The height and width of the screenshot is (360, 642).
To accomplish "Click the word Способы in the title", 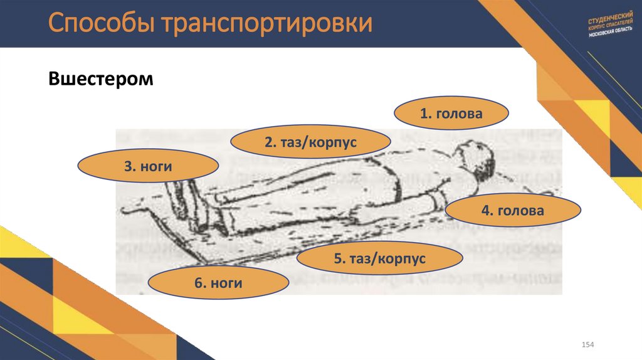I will point(101,23).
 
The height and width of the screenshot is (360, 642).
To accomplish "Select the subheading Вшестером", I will point(101,80).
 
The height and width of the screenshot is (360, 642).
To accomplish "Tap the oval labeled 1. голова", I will point(451,114).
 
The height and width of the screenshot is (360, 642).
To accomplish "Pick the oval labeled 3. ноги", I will point(148,166).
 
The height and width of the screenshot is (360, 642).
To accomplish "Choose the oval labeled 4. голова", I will point(512,211).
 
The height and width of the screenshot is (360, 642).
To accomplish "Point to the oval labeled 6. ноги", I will point(218,283).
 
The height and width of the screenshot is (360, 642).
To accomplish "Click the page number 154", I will point(587,346).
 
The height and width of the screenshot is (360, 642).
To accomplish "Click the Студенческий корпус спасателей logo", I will point(612,26).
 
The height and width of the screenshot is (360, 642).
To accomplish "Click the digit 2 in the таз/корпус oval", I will point(268,142).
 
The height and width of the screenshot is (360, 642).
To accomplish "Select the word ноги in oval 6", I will point(227,283).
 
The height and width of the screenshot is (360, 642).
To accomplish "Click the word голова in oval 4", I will point(520,211).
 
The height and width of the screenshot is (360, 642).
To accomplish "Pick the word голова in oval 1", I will point(459,114).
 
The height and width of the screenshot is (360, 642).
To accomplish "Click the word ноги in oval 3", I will point(157,166).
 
